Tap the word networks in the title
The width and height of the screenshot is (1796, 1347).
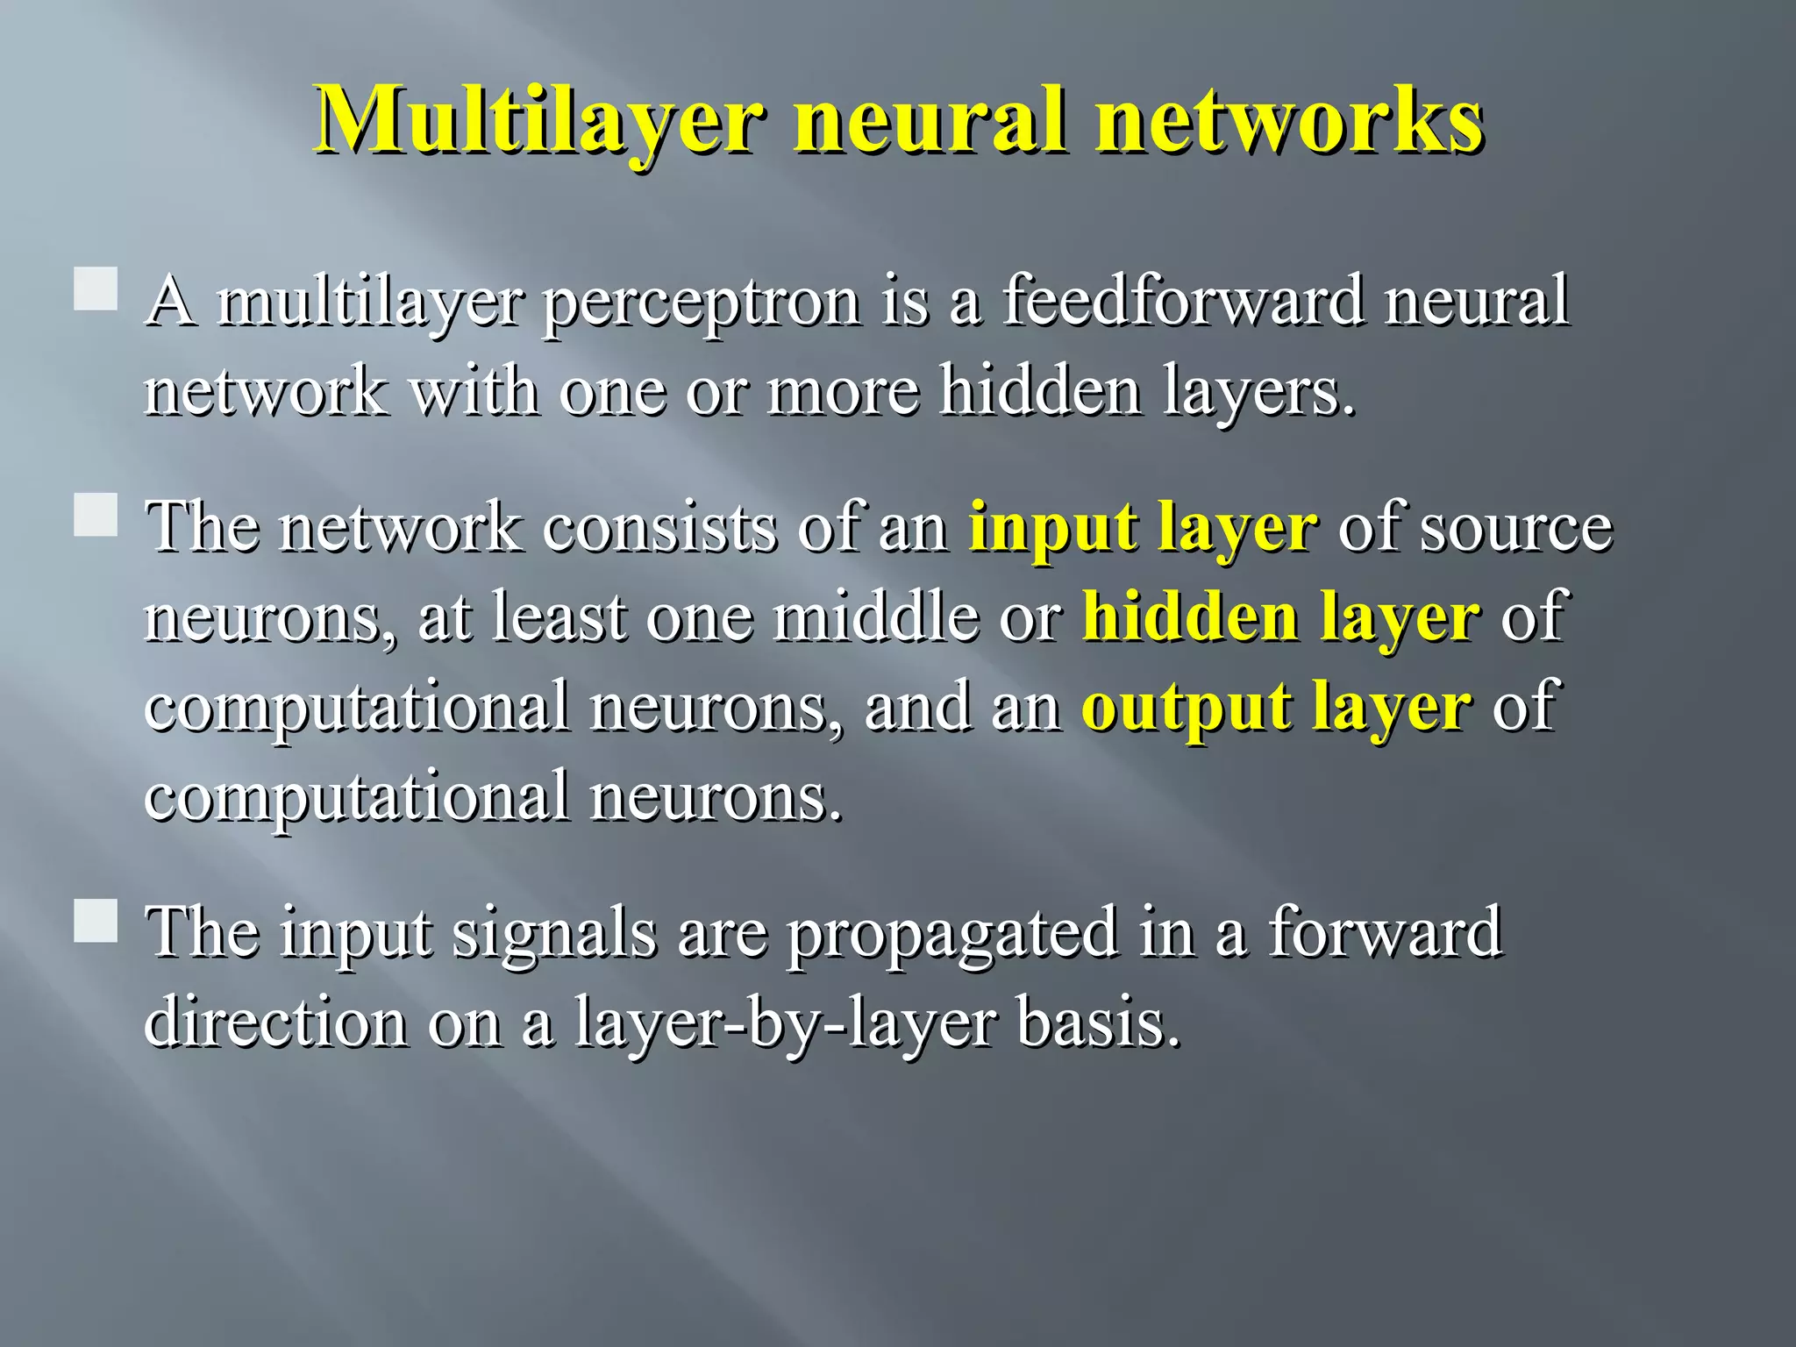pos(1289,120)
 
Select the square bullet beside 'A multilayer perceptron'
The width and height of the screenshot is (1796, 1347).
pos(96,289)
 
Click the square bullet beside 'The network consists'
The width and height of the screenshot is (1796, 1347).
pos(96,515)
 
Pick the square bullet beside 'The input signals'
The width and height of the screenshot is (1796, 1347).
pos(96,921)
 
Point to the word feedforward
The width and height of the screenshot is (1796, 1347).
pos(1183,301)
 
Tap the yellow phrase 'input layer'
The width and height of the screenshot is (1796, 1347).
pos(1143,528)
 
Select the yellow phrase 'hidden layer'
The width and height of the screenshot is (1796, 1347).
pos(1281,617)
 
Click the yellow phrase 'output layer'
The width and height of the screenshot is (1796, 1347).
pos(1276,708)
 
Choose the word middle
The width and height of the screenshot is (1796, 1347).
pos(875,617)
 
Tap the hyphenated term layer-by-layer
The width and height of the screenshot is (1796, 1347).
pos(785,1024)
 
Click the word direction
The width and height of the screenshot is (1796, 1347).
pos(275,1023)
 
